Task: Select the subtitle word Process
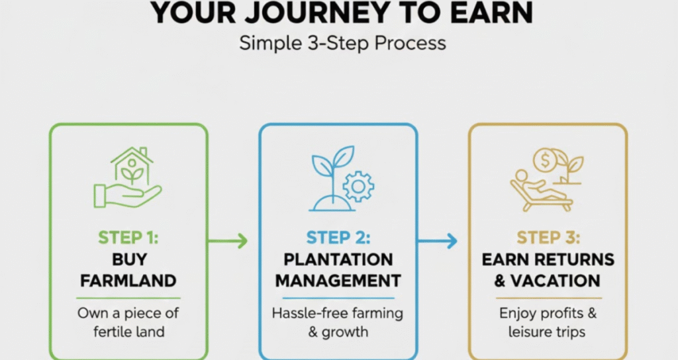pos(411,43)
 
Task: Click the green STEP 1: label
pos(128,238)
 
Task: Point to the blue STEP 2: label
pos(338,238)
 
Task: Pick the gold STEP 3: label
pos(548,238)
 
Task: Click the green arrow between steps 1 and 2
pos(228,241)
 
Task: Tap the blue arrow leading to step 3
pos(437,241)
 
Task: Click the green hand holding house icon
pos(128,177)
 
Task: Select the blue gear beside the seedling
pos(358,186)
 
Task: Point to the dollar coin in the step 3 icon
pos(546,160)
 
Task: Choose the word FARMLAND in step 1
pos(128,281)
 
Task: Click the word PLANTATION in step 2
pos(338,259)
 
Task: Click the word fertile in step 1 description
pos(111,332)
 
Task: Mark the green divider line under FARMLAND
pos(128,298)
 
